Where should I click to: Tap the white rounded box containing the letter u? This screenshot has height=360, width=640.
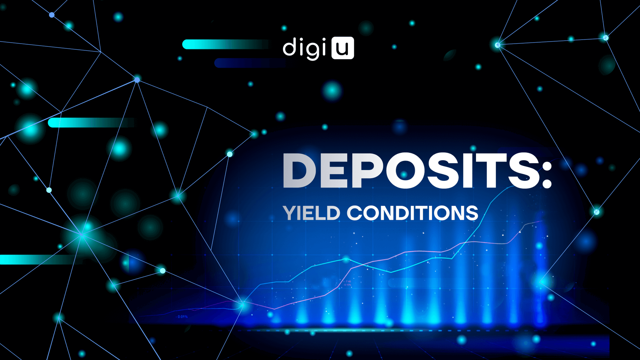[343, 48]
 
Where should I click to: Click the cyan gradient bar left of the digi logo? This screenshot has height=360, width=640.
[225, 44]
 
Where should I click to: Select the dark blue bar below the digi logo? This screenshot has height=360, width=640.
[250, 63]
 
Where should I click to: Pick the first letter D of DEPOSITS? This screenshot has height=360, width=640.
[299, 171]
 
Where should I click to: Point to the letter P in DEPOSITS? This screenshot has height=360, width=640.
[367, 171]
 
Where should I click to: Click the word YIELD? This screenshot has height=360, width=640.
[311, 213]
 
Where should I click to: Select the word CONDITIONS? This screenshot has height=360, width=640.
[413, 213]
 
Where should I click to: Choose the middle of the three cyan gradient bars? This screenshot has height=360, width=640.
[91, 123]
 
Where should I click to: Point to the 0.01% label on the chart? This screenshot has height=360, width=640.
[183, 317]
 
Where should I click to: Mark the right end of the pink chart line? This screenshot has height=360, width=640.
[542, 221]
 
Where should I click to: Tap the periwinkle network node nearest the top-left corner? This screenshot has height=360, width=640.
[52, 15]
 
